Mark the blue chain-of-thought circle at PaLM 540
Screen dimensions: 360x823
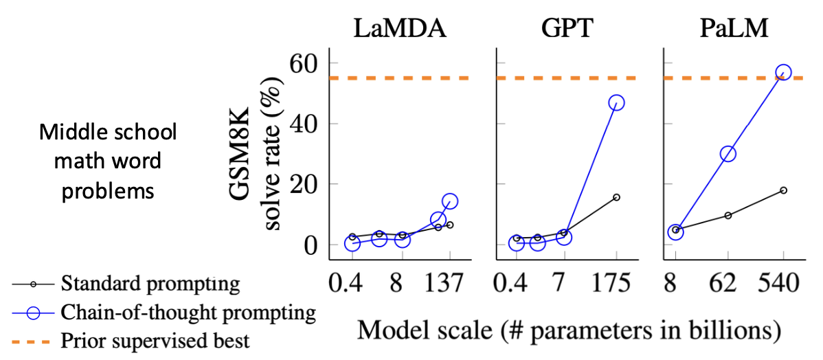tap(783, 72)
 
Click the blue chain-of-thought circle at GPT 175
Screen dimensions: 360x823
tap(616, 102)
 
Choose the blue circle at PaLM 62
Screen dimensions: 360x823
tap(728, 154)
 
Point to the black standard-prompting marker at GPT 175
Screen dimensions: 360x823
tap(616, 197)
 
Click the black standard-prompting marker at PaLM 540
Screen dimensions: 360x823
tap(783, 190)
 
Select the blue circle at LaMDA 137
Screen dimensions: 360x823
tap(450, 201)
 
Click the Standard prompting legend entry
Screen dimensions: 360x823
tap(150, 284)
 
